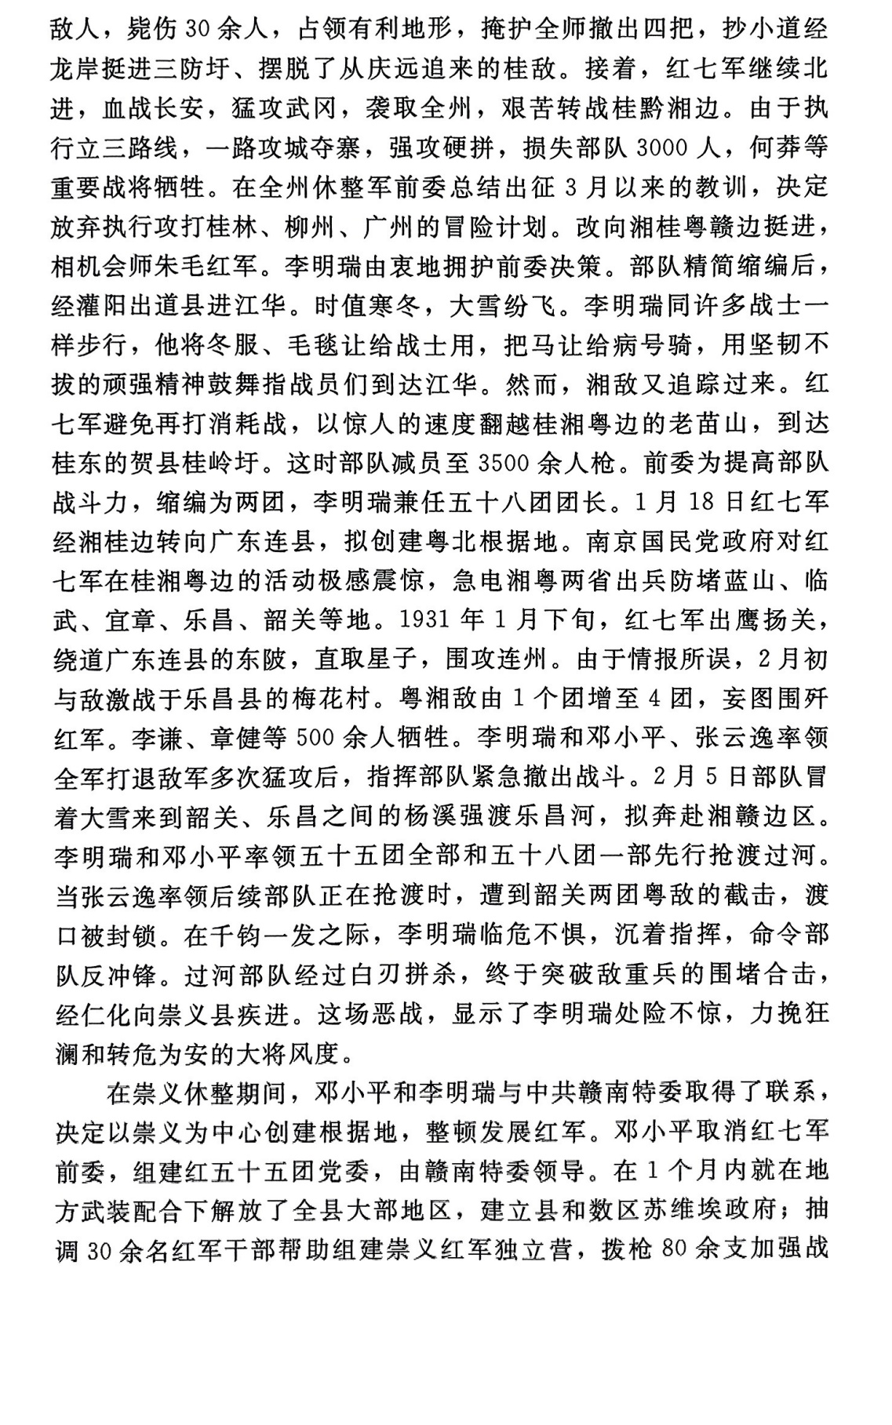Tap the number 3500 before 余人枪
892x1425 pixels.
tap(500, 463)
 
